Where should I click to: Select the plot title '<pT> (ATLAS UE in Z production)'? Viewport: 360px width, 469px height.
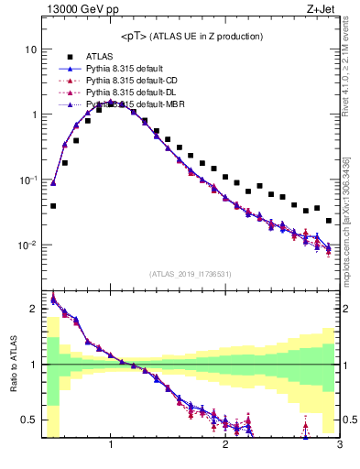click(192, 36)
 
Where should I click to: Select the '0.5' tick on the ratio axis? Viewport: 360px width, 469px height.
click(28, 420)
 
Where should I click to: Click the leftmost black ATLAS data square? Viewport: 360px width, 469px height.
click(53, 206)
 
